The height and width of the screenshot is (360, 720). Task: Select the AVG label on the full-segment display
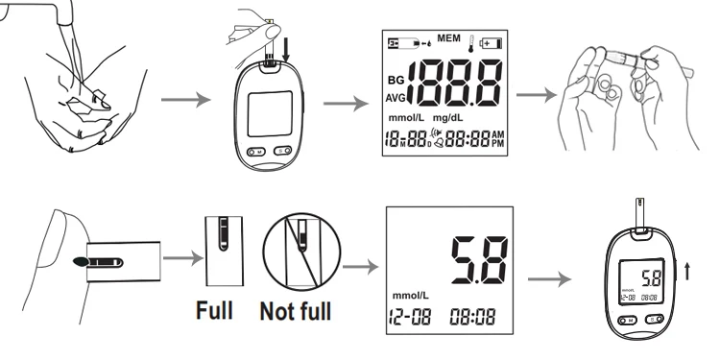(396, 99)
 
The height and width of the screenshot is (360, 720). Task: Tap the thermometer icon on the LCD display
(471, 42)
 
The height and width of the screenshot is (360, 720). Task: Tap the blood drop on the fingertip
(78, 260)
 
